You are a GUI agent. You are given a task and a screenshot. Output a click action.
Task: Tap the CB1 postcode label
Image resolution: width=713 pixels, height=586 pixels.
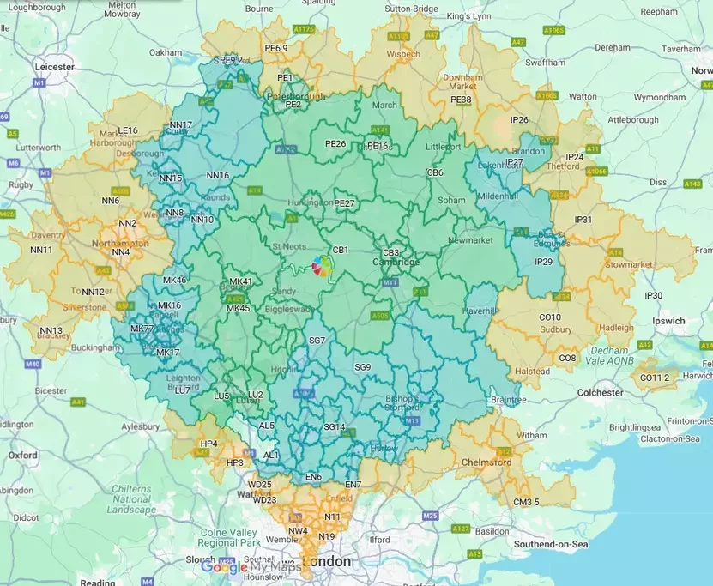tap(340, 250)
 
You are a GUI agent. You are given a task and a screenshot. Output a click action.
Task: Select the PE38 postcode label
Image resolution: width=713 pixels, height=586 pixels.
tap(461, 100)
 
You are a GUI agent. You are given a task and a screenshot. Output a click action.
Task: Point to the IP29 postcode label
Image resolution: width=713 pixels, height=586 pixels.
tap(543, 262)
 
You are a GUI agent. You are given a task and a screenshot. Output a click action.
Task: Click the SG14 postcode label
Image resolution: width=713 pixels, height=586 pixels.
tap(334, 426)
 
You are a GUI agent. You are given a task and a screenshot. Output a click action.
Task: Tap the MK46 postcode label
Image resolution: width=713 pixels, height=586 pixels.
tap(174, 281)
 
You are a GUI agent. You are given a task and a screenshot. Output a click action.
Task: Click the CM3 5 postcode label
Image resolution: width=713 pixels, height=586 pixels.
tap(527, 502)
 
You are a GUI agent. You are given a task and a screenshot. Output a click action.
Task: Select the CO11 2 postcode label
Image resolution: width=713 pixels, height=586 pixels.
tap(655, 378)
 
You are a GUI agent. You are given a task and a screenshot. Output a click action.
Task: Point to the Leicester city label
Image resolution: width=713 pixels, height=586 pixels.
tap(54, 66)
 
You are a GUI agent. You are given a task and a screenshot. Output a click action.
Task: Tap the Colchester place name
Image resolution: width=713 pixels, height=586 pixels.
tap(601, 392)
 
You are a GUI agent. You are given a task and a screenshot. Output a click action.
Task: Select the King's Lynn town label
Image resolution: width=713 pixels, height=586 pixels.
tap(468, 15)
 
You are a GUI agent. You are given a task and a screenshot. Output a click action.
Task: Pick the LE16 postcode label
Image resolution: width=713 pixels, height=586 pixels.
tap(128, 130)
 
